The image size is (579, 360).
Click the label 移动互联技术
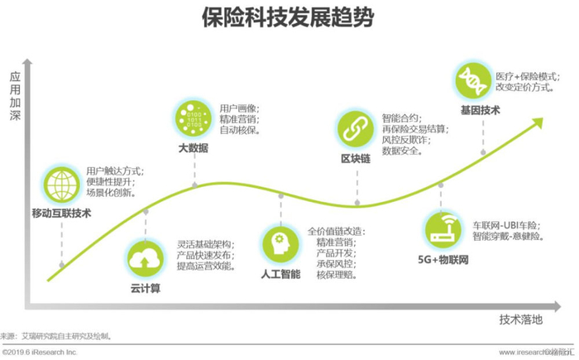point(62,213)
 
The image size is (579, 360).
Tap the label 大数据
point(193,147)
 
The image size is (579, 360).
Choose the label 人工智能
point(280,273)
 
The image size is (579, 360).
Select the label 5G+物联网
point(443,259)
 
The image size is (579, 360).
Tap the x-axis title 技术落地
point(520,319)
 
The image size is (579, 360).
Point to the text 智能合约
point(400,118)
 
